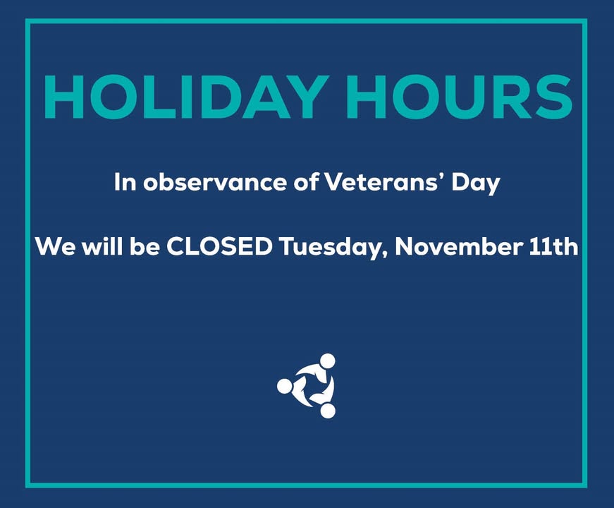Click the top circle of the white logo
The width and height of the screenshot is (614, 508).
pyautogui.click(x=327, y=361)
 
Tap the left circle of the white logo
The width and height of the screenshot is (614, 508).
pyautogui.click(x=284, y=386)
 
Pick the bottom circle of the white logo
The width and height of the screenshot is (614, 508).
pyautogui.click(x=328, y=411)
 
